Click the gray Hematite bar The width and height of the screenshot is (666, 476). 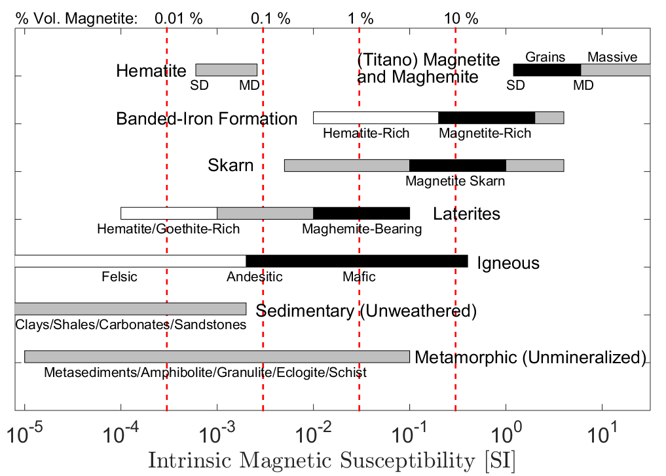[226, 69]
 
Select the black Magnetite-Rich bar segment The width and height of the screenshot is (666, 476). [487, 118]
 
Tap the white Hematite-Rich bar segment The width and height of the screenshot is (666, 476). [375, 118]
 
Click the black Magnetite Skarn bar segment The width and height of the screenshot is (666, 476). [457, 165]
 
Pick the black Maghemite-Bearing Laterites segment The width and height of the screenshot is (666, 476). [361, 213]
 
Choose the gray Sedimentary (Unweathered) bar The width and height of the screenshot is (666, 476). [130, 309]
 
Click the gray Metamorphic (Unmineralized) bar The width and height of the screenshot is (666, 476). [217, 357]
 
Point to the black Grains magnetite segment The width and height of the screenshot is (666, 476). [547, 69]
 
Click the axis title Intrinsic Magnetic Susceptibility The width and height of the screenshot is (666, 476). [331, 460]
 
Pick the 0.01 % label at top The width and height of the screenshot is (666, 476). [179, 18]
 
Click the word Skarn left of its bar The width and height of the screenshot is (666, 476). [231, 165]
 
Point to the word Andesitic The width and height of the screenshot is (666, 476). [255, 277]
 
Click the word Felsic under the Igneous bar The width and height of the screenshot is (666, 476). [120, 277]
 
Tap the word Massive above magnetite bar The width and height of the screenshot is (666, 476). [612, 57]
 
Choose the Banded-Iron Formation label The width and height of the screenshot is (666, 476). [206, 119]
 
